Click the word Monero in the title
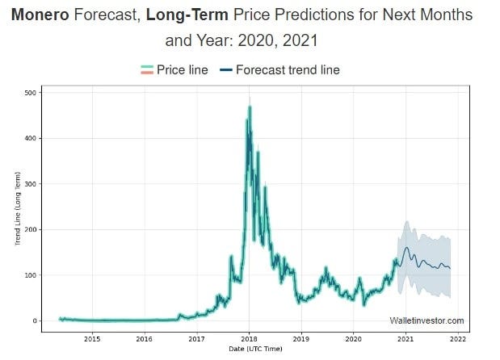(40, 15)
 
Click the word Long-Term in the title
(187, 15)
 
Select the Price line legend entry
(174, 69)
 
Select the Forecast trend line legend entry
(279, 69)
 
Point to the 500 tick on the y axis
(31, 93)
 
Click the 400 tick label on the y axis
(31, 138)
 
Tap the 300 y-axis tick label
(31, 184)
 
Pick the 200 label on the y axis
(31, 229)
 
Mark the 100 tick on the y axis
(31, 275)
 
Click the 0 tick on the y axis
(35, 320)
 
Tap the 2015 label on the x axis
(92, 339)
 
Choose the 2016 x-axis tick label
(145, 339)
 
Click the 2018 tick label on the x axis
(249, 339)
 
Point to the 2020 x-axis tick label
(353, 339)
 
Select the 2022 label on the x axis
(458, 339)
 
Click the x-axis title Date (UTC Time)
(255, 349)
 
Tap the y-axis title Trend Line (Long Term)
(18, 209)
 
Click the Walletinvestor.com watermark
(426, 320)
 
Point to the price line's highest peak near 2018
(250, 107)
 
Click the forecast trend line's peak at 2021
(406, 247)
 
